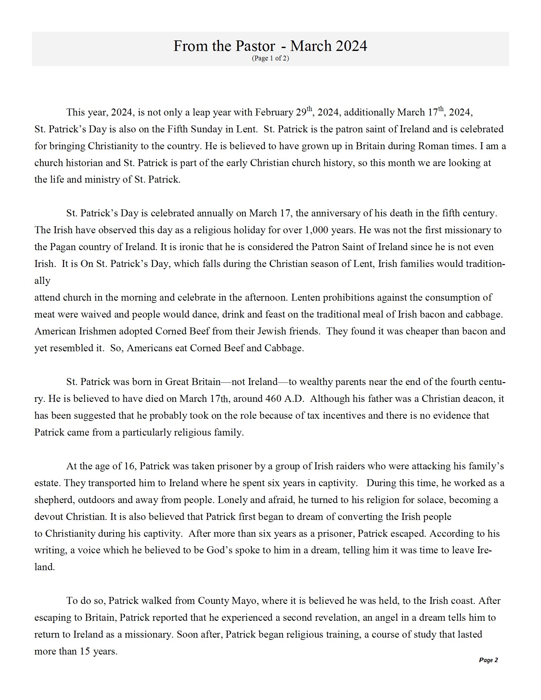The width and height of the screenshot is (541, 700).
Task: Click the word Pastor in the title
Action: click(256, 46)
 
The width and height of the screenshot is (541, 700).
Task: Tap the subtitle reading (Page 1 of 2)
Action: click(270, 58)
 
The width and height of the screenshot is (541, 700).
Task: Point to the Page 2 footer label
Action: click(488, 660)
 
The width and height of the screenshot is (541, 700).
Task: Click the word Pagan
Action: click(63, 247)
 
